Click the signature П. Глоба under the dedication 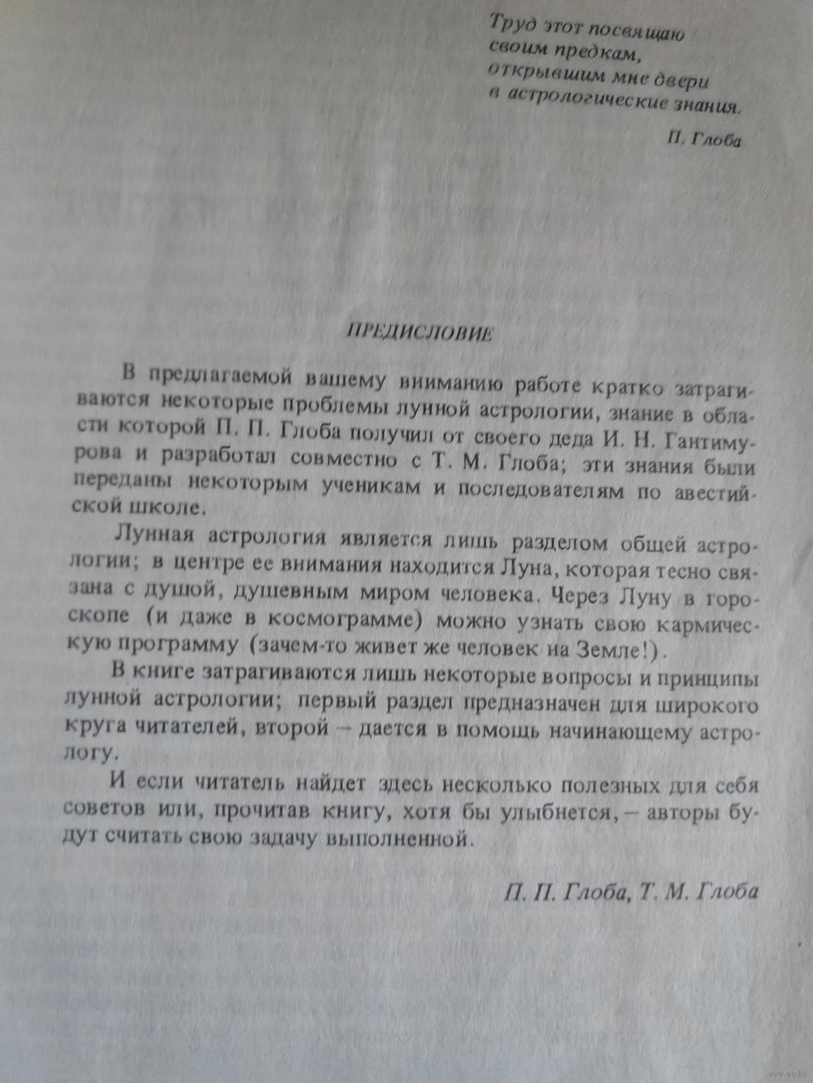(x=704, y=140)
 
